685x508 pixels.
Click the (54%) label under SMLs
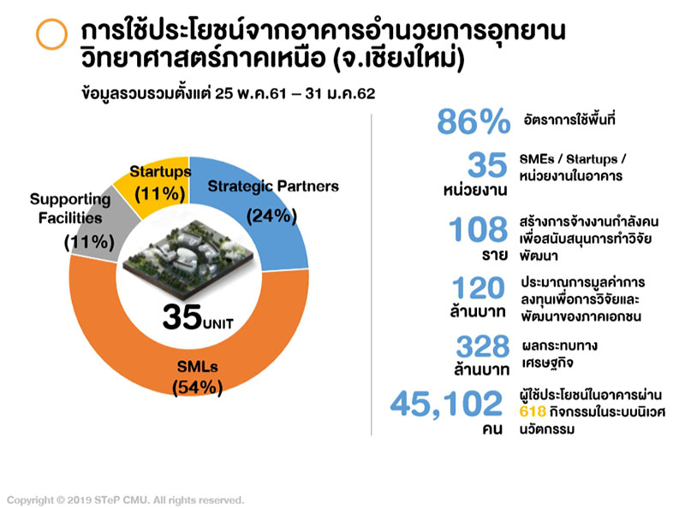198,387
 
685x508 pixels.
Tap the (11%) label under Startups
159,193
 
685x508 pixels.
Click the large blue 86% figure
474,122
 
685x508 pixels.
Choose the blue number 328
482,346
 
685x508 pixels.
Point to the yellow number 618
533,411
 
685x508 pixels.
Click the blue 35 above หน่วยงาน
489,164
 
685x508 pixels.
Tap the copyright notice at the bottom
126,499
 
